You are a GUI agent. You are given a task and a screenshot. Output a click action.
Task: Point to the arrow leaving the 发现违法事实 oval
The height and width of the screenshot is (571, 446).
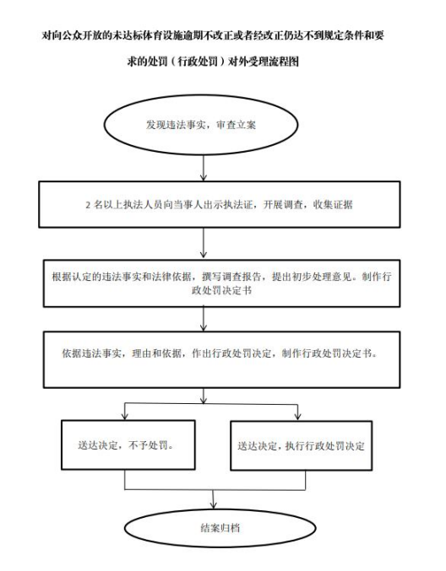tap(204, 168)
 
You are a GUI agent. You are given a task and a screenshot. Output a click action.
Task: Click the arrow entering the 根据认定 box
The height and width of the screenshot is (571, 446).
tap(204, 244)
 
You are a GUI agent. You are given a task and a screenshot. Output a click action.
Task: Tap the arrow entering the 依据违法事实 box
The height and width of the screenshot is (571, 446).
tap(204, 320)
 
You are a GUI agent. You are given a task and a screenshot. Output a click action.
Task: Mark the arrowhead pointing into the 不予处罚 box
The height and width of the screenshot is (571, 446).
tap(125, 416)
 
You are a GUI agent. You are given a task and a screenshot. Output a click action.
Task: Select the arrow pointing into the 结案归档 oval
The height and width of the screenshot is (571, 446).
tap(214, 499)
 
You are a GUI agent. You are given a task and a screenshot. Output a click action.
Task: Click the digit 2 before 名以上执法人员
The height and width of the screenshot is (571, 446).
tap(88, 205)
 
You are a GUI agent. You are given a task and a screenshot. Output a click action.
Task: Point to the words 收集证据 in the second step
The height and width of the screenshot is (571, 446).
tap(333, 205)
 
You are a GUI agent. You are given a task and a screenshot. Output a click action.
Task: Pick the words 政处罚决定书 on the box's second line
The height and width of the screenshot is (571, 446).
tap(221, 291)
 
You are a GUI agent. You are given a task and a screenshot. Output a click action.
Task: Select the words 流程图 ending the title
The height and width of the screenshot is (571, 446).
tap(284, 62)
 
